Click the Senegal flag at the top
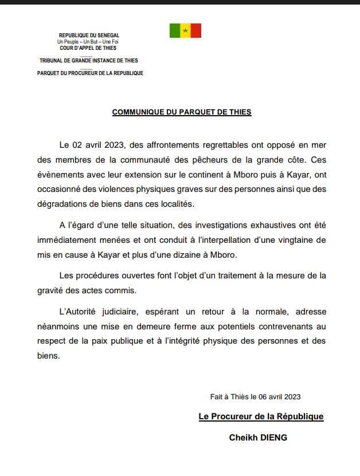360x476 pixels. click(185, 31)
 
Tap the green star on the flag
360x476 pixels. click(185, 31)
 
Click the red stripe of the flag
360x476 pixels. click(195, 31)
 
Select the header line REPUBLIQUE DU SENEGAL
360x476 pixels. click(89, 36)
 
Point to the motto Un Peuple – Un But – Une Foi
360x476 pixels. click(89, 42)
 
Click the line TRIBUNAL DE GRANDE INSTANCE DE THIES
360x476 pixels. click(89, 60)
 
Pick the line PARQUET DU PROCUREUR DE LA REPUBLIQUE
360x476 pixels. click(90, 73)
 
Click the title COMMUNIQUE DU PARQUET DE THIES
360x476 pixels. click(182, 112)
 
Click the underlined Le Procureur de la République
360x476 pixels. click(261, 417)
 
